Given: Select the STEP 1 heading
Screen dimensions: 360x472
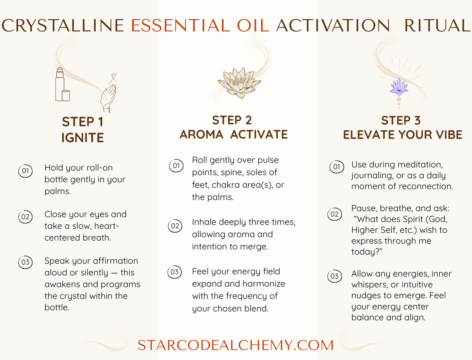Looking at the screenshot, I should coord(83,122).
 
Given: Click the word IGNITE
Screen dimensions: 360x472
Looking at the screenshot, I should coord(83,138).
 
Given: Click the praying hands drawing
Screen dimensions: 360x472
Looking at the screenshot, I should coord(109,95).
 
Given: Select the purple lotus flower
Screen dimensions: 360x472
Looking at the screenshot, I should coord(399,86).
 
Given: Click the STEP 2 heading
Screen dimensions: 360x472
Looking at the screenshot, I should coord(232,120).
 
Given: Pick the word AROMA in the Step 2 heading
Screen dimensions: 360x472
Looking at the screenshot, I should coord(201,134).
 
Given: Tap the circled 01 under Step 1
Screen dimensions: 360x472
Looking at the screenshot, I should coord(25,171).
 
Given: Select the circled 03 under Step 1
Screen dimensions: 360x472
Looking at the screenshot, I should coord(25,262).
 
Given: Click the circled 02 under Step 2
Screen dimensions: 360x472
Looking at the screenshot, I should coord(175,226).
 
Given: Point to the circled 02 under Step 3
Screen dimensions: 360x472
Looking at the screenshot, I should coord(334,214).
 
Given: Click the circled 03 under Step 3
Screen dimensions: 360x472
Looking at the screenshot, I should coord(334,276).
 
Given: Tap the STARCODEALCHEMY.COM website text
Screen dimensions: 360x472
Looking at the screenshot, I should coord(236,345).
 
